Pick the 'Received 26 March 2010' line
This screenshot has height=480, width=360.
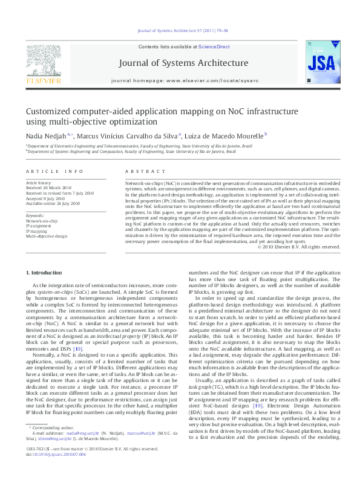(x=48, y=188)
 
